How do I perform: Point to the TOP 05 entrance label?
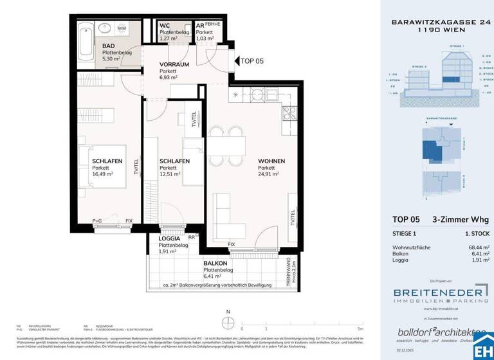[252, 62]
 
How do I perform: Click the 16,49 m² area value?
[102, 174]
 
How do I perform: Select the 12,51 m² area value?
[170, 174]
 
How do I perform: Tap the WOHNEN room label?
[271, 161]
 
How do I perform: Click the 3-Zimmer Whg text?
[457, 219]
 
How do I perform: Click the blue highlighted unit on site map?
[431, 152]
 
